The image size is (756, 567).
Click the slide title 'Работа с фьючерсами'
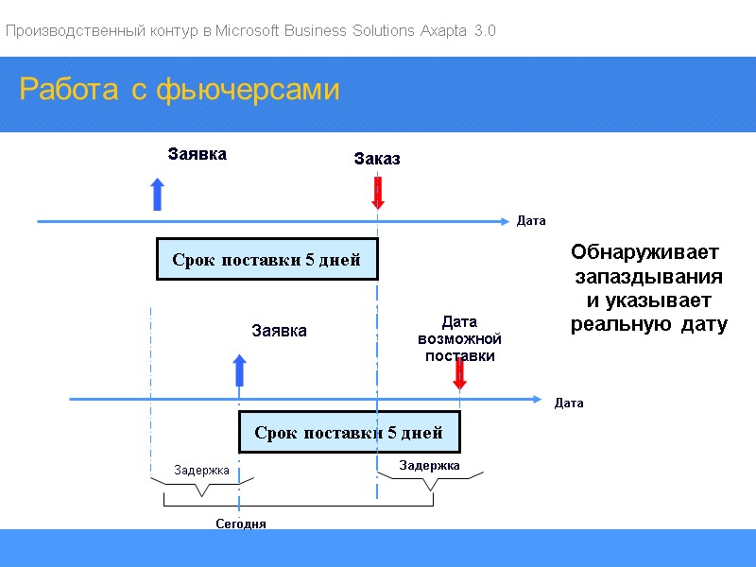[x=179, y=91]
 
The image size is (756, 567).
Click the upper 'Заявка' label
[x=197, y=154]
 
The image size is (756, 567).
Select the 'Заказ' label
[x=377, y=159]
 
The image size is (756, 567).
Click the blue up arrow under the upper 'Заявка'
[x=158, y=194]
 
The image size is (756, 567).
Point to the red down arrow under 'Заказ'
[x=378, y=193]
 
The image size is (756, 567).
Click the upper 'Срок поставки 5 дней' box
[x=266, y=260]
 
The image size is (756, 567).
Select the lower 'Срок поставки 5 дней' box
[x=349, y=433]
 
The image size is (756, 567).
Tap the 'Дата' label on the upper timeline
[x=531, y=221]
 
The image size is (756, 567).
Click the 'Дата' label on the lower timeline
[x=569, y=404]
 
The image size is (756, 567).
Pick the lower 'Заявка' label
[x=279, y=331]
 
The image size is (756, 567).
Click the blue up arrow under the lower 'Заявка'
[x=239, y=370]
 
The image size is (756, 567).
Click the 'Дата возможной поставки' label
[x=459, y=339]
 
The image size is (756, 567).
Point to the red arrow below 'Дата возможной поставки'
[x=459, y=373]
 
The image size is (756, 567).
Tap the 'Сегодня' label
[x=241, y=524]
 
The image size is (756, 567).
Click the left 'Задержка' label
[x=201, y=470]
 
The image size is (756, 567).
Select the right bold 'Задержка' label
[x=429, y=465]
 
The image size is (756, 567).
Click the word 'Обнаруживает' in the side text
[x=644, y=253]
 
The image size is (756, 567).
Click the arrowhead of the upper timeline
[x=503, y=221]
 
